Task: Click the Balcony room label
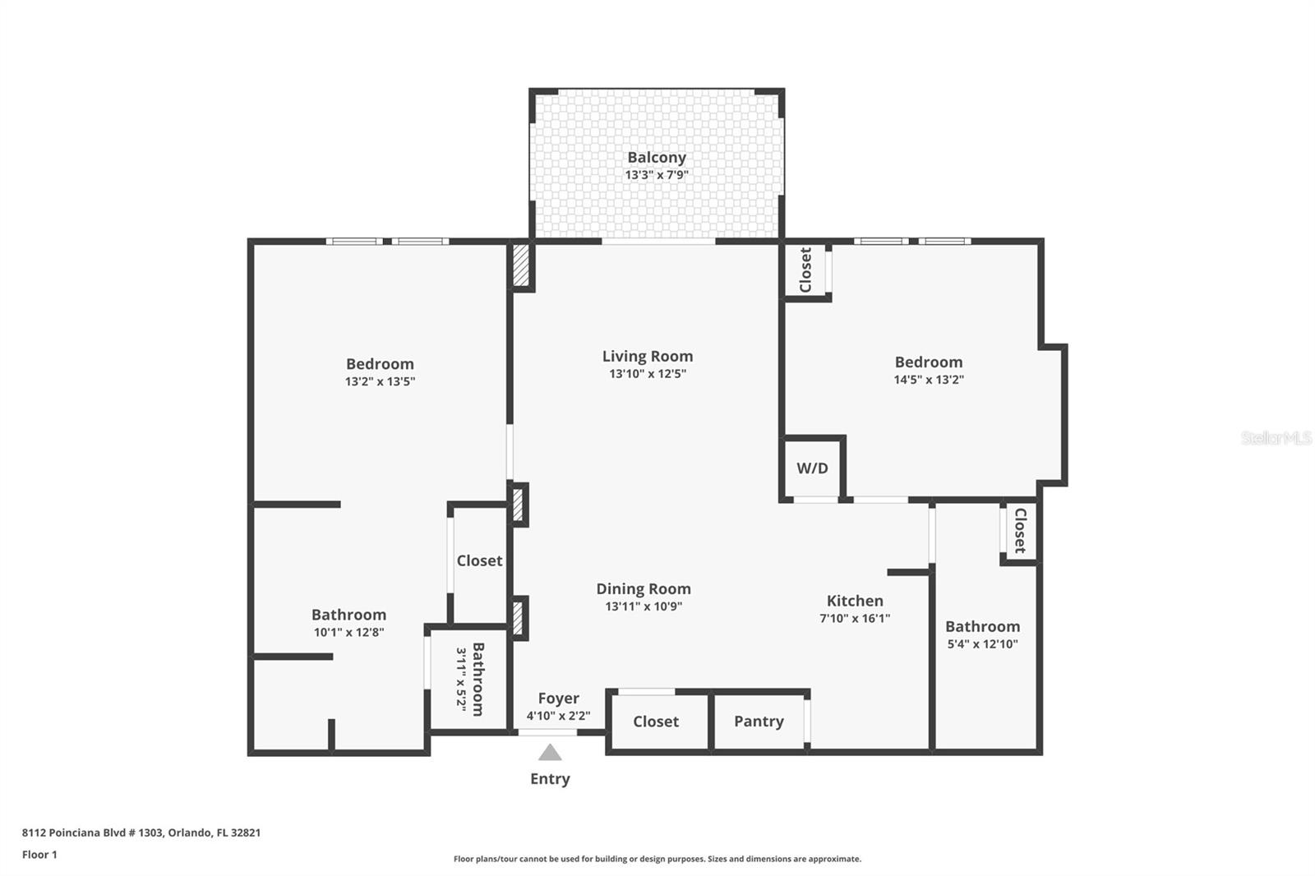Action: tap(656, 157)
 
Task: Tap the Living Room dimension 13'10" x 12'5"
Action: tap(647, 374)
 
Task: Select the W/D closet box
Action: tap(812, 468)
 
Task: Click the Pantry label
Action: tap(758, 722)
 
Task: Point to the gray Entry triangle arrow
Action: tap(550, 753)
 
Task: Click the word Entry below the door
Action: tap(550, 779)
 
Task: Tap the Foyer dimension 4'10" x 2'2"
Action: tap(558, 716)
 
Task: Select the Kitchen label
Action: tap(855, 601)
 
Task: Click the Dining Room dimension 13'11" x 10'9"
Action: tap(644, 607)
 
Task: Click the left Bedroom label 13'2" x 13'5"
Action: tap(380, 364)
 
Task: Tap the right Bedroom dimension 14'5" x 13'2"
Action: tap(929, 380)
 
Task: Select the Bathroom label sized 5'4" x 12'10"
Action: tap(982, 627)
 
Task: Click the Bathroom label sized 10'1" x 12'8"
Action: tap(348, 615)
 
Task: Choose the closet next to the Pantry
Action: tap(656, 722)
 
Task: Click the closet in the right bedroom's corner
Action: tap(805, 270)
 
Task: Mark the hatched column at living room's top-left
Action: tap(521, 265)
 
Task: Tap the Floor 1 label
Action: tap(39, 855)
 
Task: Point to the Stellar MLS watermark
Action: tap(1276, 438)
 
